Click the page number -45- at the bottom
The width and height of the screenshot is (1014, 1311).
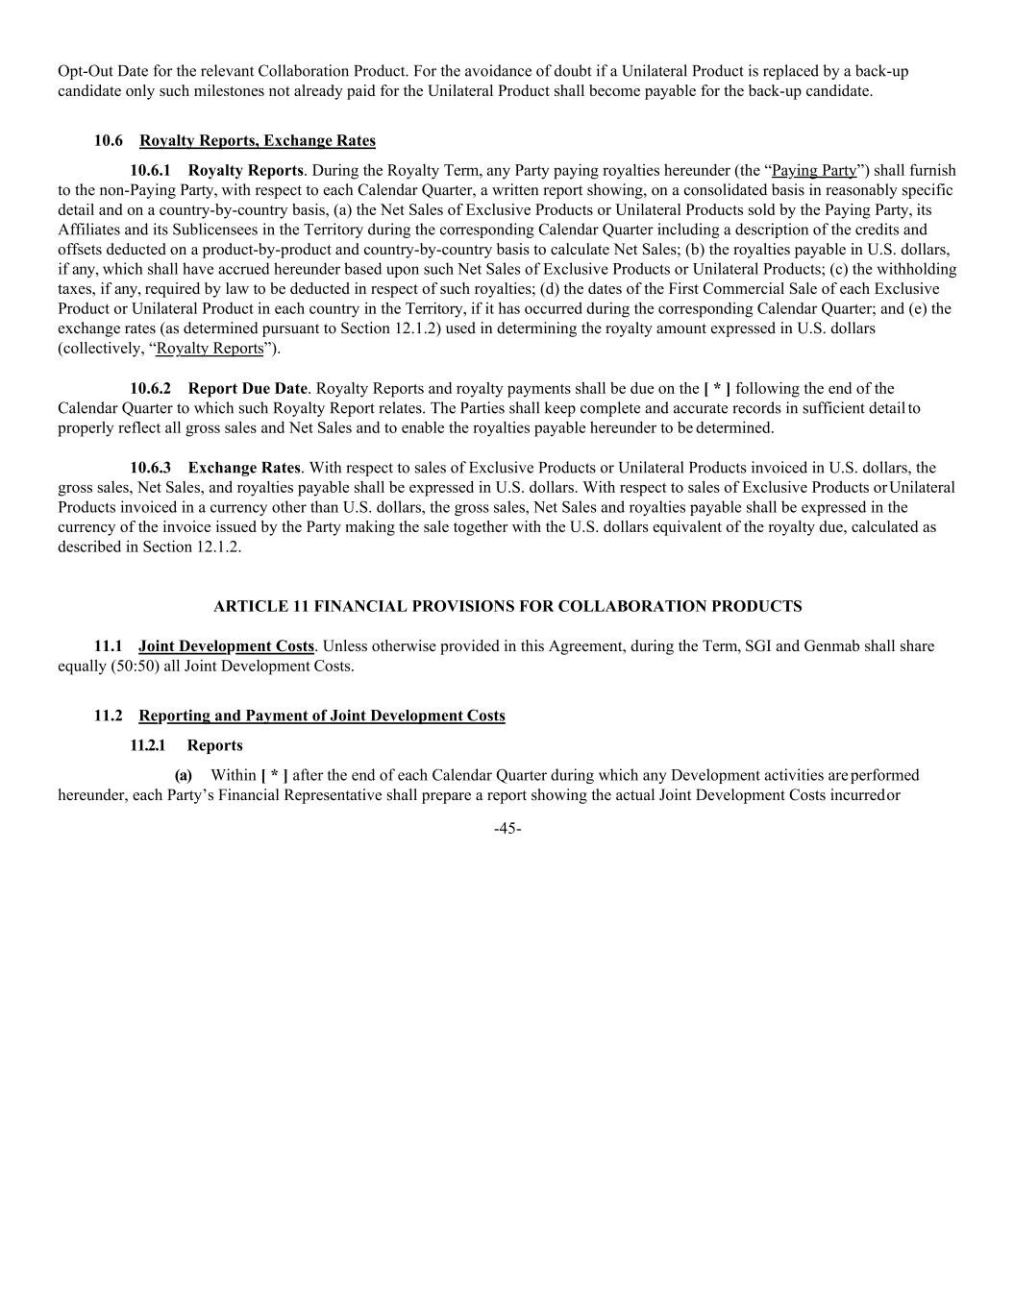507,829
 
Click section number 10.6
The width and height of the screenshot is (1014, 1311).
109,140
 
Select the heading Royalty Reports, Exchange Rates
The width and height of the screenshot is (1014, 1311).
258,140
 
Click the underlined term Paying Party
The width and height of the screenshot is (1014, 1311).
814,170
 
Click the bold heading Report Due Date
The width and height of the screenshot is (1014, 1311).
248,388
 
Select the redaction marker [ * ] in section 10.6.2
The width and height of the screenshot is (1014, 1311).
717,388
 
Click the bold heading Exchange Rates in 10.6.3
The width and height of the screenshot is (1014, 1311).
244,468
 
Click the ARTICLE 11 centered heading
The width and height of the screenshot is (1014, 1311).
507,606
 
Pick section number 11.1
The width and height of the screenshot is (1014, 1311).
109,645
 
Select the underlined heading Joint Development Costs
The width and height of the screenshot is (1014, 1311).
226,645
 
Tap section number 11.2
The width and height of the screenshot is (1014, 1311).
109,716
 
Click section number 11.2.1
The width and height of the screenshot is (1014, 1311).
148,745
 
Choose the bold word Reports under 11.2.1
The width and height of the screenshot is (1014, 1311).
214,745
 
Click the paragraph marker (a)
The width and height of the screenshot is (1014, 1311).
183,775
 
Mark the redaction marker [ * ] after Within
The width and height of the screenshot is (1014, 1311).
274,775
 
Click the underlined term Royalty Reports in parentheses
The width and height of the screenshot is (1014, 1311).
210,348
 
